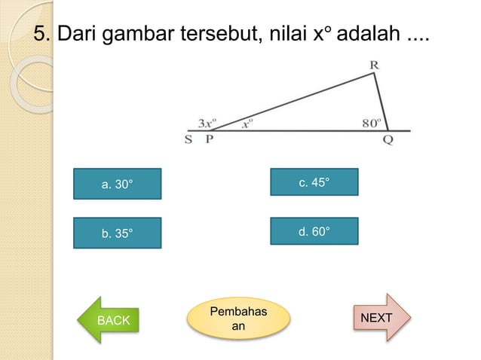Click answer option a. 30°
coord(117,184)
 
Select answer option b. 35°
coord(117,233)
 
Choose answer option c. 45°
coord(314,182)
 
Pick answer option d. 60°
coord(314,231)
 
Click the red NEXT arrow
coord(380,318)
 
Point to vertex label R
coord(374,66)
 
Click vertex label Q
coord(388,141)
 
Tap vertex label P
coord(210,139)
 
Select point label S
coord(188,139)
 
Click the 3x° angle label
coord(207,122)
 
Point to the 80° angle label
coord(372,123)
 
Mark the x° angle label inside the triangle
coord(247,124)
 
